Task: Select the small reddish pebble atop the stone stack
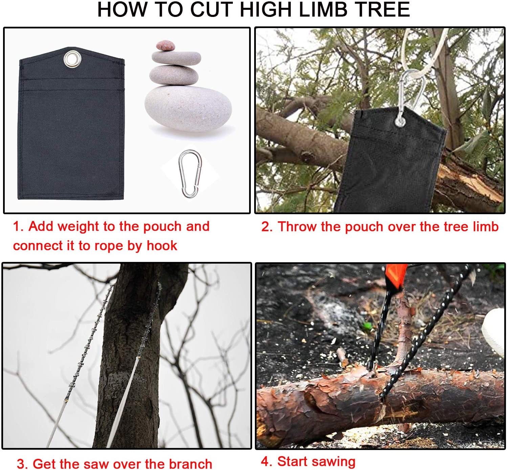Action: (166, 45)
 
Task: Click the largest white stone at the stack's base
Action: (188, 109)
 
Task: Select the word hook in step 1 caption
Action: (161, 246)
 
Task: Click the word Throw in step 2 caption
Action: (297, 226)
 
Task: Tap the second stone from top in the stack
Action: (176, 58)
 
